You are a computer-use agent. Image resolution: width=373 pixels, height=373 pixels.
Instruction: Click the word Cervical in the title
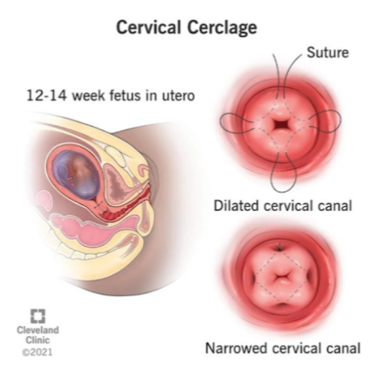click(149, 27)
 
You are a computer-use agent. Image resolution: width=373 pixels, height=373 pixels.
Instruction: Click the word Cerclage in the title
click(222, 28)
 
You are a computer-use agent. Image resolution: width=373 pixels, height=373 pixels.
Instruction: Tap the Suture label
click(327, 52)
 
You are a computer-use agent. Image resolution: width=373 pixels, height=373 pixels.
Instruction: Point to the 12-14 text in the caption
click(46, 96)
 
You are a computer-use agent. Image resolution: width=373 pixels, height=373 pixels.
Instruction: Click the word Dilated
click(237, 205)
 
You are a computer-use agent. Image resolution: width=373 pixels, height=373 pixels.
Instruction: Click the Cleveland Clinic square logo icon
click(38, 316)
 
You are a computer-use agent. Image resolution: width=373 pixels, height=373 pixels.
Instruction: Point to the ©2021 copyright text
click(38, 352)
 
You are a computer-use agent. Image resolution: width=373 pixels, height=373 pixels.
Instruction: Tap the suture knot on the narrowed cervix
click(279, 247)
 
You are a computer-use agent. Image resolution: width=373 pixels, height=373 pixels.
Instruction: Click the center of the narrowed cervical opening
click(281, 277)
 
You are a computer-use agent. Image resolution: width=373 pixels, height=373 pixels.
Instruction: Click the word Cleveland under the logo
click(38, 330)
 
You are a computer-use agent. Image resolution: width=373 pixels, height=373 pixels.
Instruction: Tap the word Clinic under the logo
click(38, 340)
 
